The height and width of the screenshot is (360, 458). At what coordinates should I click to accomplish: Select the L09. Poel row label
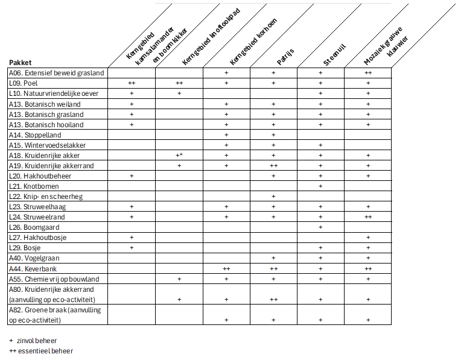click(x=24, y=83)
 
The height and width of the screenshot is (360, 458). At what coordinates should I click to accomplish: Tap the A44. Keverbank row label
click(x=33, y=268)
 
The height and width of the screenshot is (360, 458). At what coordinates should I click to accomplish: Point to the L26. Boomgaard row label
click(x=33, y=227)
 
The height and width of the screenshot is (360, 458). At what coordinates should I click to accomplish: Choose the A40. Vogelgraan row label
click(x=34, y=258)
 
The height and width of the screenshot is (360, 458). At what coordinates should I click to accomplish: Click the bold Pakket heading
click(x=20, y=62)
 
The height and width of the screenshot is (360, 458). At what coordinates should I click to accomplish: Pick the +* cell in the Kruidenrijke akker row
click(x=179, y=155)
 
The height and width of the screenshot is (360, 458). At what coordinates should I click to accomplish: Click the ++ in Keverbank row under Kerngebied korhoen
click(x=226, y=268)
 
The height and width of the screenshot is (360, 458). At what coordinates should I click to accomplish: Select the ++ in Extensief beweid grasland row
click(x=367, y=73)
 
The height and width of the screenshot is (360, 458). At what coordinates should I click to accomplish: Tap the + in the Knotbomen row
click(x=320, y=186)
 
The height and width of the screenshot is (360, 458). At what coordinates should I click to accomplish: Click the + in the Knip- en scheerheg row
click(x=273, y=196)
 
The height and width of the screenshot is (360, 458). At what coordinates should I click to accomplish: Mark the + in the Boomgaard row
click(x=320, y=227)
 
